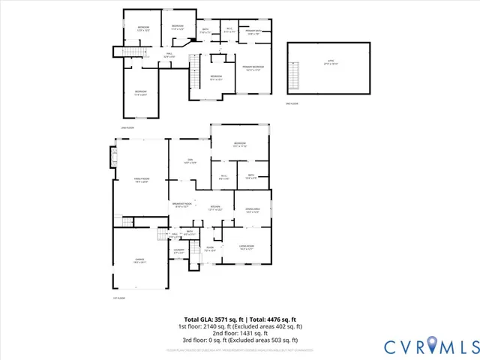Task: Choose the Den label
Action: pyautogui.click(x=190, y=160)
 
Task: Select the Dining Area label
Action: pyautogui.click(x=252, y=210)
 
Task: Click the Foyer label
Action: pyautogui.click(x=211, y=249)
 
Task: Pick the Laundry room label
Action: pyautogui.click(x=178, y=251)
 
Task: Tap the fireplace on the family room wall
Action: pyautogui.click(x=114, y=157)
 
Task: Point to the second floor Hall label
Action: pyautogui.click(x=169, y=55)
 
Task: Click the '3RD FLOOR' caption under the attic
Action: pyautogui.click(x=292, y=103)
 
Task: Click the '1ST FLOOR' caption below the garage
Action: pyautogui.click(x=118, y=298)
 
